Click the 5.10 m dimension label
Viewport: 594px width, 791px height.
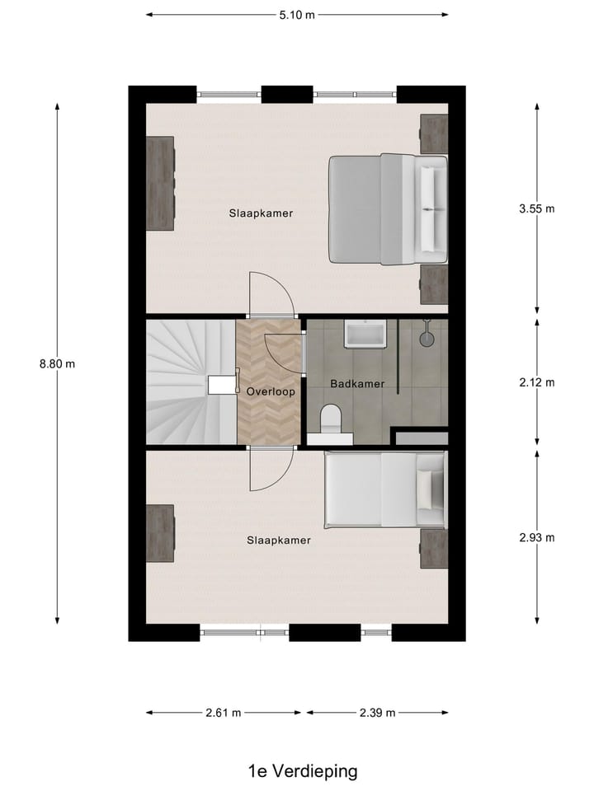click(x=298, y=14)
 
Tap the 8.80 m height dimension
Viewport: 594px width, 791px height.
click(x=57, y=363)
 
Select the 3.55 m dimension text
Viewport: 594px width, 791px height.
click(x=536, y=208)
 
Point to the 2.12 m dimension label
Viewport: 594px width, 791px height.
click(x=536, y=382)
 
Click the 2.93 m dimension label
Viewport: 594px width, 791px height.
click(x=536, y=538)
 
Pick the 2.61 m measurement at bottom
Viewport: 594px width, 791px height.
click(x=224, y=713)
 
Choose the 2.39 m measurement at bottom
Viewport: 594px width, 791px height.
click(x=377, y=713)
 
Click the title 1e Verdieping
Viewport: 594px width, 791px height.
click(x=303, y=771)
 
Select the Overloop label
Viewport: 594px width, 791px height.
click(x=271, y=392)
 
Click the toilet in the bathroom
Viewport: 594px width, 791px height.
click(x=331, y=419)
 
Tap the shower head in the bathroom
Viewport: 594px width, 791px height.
click(x=427, y=335)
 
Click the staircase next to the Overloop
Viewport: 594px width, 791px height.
click(x=190, y=382)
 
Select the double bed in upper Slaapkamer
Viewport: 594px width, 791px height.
click(x=388, y=209)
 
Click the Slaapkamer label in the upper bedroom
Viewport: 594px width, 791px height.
click(x=261, y=213)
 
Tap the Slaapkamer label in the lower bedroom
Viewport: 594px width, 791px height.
click(x=279, y=541)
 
